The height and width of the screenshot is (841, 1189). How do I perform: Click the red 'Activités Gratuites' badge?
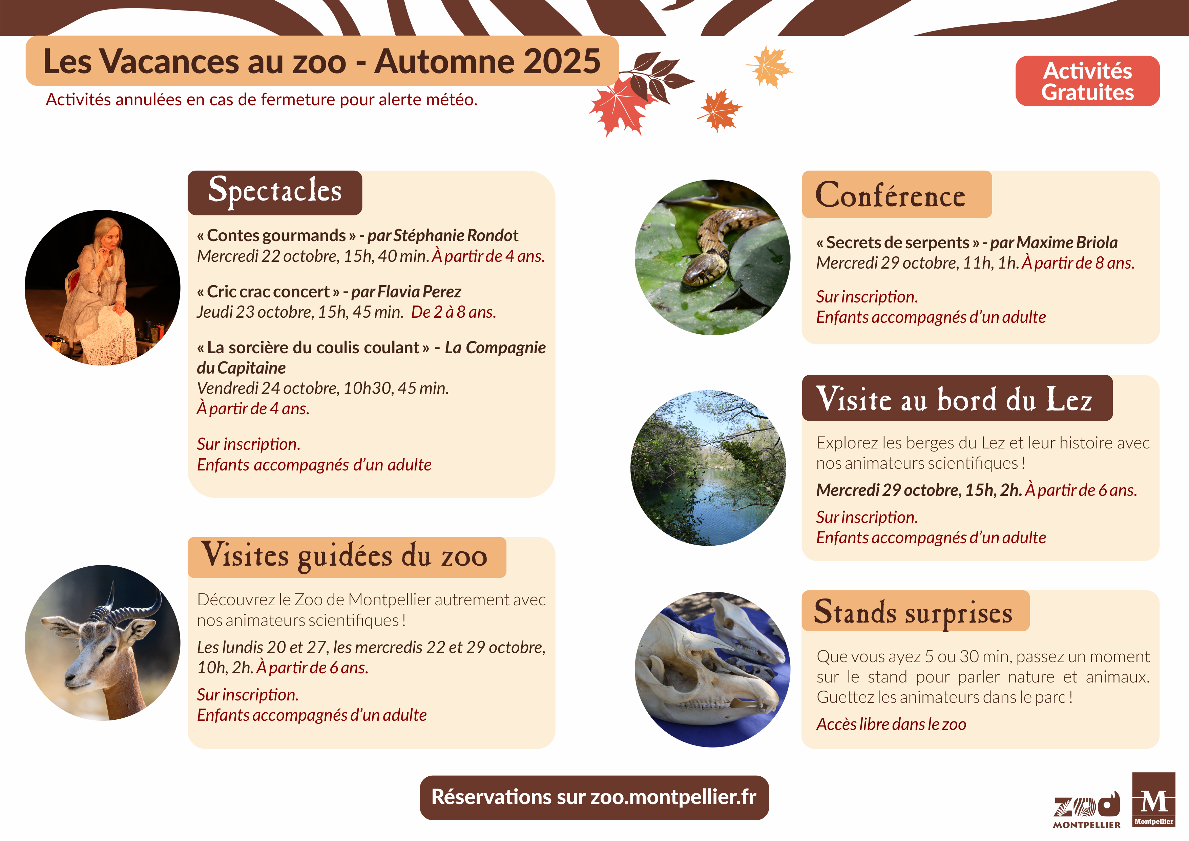tap(1087, 81)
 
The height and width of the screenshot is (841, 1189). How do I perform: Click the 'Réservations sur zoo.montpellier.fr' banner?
tap(594, 798)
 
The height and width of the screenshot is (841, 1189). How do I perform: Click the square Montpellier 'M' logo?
tap(1154, 800)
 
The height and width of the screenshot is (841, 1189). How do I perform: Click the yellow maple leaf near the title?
tap(769, 66)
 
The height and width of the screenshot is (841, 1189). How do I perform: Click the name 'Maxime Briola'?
tap(1067, 243)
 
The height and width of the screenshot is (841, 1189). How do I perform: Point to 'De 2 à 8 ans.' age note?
tap(454, 312)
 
